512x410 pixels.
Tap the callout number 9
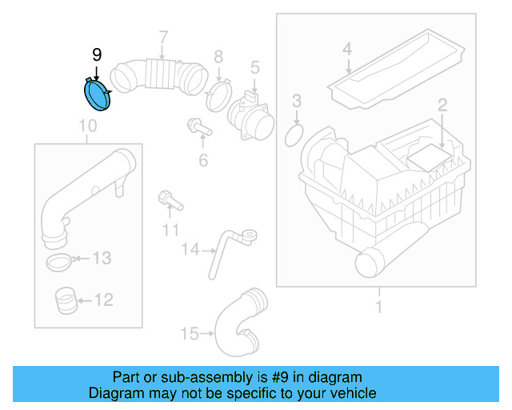click(97, 55)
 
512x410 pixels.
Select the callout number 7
click(163, 37)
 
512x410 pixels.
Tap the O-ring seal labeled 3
click(295, 135)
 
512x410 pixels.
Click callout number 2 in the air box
click(441, 105)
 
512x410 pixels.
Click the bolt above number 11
click(169, 198)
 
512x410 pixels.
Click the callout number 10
click(88, 126)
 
